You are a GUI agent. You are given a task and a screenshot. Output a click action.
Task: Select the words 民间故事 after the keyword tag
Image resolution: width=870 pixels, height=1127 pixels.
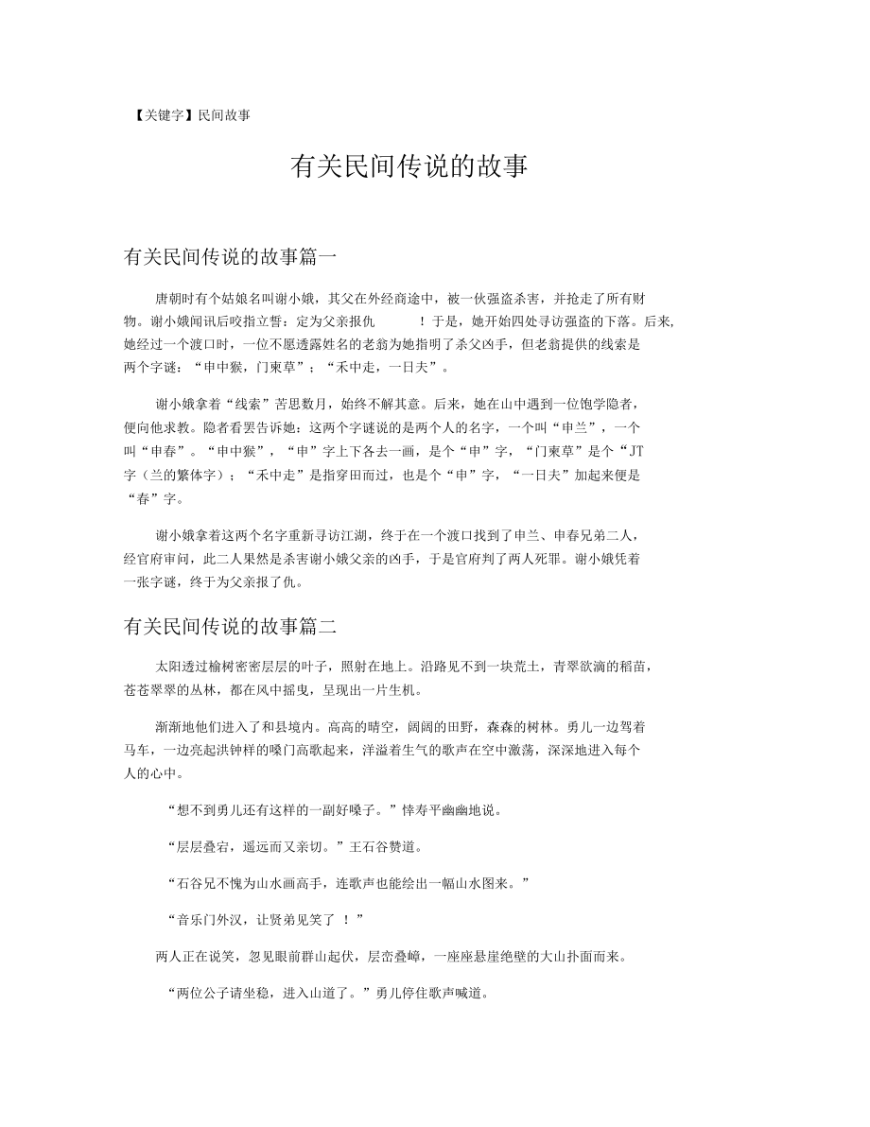point(224,115)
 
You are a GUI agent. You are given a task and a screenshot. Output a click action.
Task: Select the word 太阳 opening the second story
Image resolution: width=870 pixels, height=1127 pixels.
point(167,667)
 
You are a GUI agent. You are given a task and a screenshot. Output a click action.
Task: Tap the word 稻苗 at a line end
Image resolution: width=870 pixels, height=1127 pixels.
point(635,667)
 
